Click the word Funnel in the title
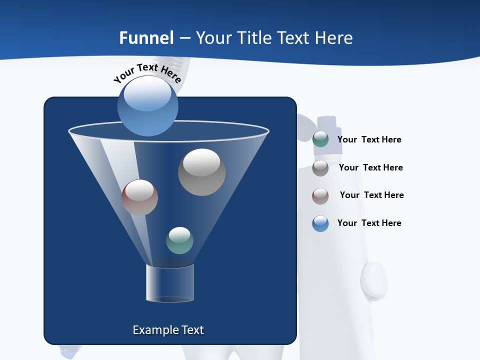coord(146,38)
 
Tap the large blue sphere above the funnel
coord(147,105)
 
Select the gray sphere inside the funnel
coord(201,172)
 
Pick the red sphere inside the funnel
coord(139,197)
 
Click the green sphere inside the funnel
coord(179,240)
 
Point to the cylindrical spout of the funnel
coord(170,283)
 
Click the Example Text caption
coord(168,330)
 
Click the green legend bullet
coord(320,139)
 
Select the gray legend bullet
coord(320,168)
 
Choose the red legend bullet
coord(320,196)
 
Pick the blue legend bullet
coord(320,223)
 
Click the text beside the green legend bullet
coord(369,139)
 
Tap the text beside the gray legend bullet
coord(370,167)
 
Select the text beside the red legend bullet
coord(371,195)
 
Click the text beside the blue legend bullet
coord(369,223)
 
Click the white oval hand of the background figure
coord(373,280)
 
